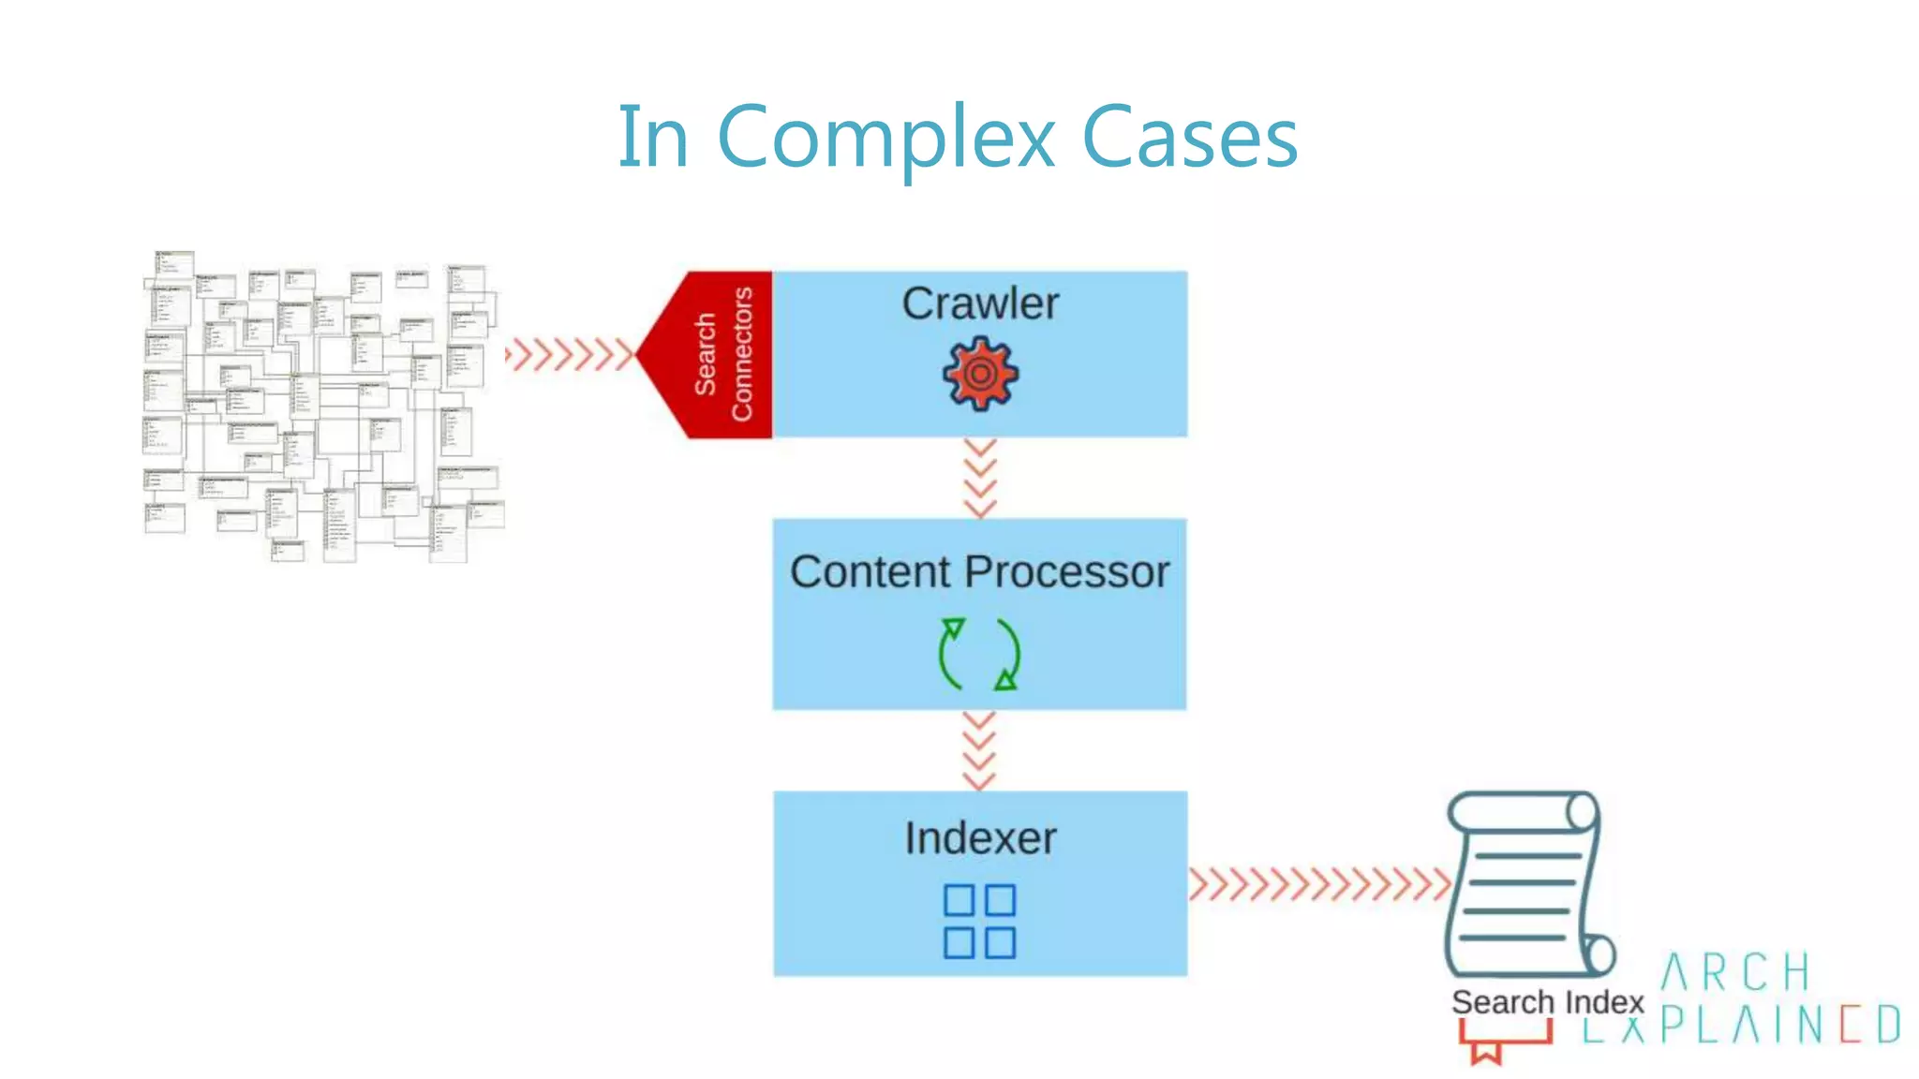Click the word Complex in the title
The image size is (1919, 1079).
pyautogui.click(x=885, y=138)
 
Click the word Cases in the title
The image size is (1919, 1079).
pyautogui.click(x=1189, y=138)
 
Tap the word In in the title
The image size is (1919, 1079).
pyautogui.click(x=653, y=138)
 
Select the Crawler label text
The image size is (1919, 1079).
pyautogui.click(x=980, y=303)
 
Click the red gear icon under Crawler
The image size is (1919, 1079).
pyautogui.click(x=980, y=374)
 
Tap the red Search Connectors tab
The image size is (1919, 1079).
pyautogui.click(x=721, y=355)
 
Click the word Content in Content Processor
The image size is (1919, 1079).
pyautogui.click(x=871, y=571)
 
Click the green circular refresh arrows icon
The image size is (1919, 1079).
pyautogui.click(x=979, y=654)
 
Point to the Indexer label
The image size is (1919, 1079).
pyautogui.click(x=980, y=837)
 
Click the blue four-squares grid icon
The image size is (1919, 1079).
pyautogui.click(x=979, y=921)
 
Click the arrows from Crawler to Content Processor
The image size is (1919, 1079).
pyautogui.click(x=980, y=478)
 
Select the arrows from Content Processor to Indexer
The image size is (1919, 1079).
pyautogui.click(x=979, y=750)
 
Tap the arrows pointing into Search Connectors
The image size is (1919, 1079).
pyautogui.click(x=570, y=355)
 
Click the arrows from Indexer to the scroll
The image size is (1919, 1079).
pyautogui.click(x=1319, y=883)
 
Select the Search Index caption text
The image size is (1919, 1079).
pyautogui.click(x=1547, y=1002)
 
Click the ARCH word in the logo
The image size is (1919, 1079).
pyautogui.click(x=1735, y=972)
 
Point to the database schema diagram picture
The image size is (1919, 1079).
pyautogui.click(x=323, y=406)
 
